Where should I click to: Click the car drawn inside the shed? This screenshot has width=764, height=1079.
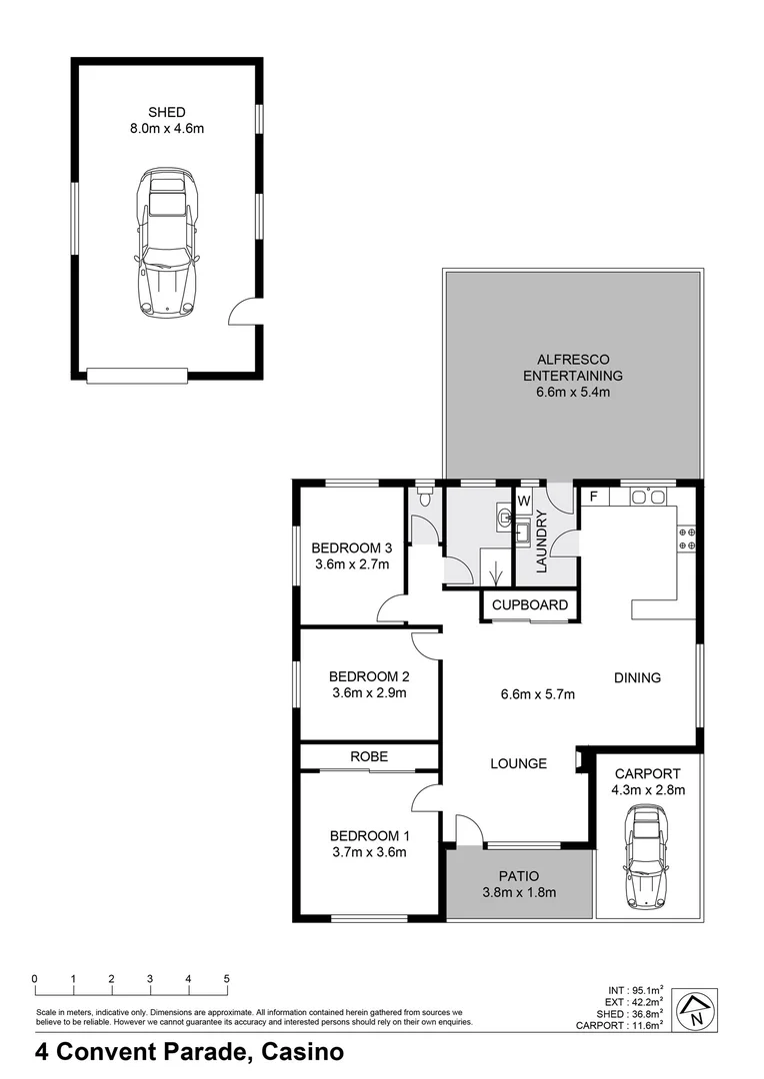168,242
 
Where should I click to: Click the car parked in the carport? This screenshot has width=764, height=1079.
645,857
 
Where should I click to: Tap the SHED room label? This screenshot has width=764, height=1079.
167,112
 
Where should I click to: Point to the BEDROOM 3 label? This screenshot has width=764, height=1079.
351,547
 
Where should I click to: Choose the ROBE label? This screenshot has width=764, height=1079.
369,756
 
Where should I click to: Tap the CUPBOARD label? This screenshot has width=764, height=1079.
530,604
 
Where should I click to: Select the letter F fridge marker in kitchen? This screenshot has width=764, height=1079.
594,496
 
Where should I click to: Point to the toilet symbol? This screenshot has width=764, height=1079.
425,496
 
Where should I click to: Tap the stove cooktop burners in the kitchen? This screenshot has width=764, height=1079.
687,539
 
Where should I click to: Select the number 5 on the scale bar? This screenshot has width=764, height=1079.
227,978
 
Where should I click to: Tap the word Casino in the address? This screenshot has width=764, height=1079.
302,1051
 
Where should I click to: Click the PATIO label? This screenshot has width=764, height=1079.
519,875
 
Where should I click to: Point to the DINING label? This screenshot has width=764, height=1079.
637,677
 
